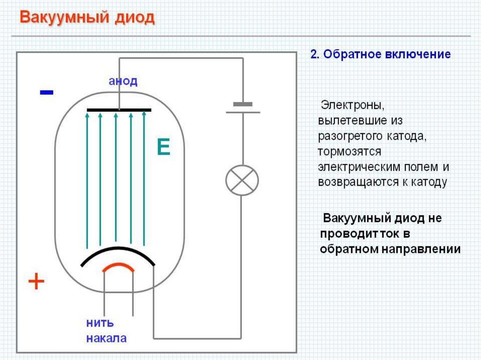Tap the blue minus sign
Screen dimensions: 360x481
(47, 92)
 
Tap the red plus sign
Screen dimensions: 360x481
(36, 282)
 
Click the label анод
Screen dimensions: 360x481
(123, 81)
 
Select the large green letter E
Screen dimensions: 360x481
(163, 148)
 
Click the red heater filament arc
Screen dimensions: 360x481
(118, 266)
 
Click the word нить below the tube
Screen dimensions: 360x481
(100, 323)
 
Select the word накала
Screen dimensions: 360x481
(106, 338)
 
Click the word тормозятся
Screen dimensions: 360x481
(349, 152)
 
